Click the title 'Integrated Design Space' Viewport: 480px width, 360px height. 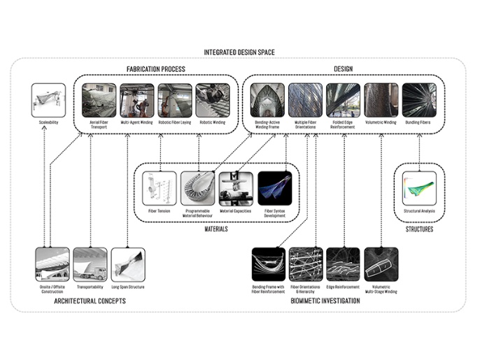point(239,52)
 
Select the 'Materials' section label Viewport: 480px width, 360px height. point(216,229)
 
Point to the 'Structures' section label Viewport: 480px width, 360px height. point(419,229)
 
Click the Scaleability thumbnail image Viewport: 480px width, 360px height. point(50,100)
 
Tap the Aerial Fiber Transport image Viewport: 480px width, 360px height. point(99,100)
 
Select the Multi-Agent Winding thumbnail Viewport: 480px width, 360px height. point(136,100)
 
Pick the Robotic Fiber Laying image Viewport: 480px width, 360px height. point(174,100)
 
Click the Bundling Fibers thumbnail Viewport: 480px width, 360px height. point(419,100)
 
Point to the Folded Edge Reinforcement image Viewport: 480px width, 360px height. point(344,100)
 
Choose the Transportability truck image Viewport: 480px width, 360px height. point(91,264)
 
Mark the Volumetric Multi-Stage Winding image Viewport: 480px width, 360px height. point(381,264)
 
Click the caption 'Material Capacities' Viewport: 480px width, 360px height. point(235,210)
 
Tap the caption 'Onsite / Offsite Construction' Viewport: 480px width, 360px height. point(53,289)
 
